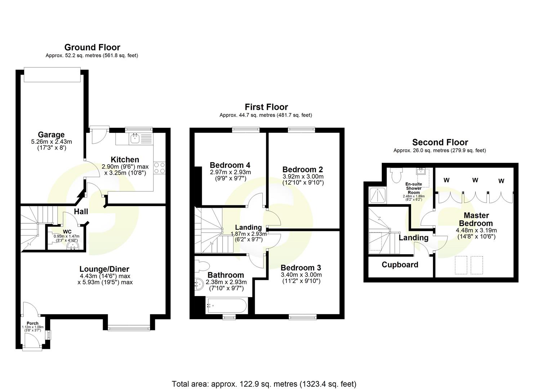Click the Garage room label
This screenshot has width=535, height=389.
pyautogui.click(x=51, y=135)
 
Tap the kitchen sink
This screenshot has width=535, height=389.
pyautogui.click(x=135, y=138)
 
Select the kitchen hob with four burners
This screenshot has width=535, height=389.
pyautogui.click(x=160, y=168)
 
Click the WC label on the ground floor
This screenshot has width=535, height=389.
pyautogui.click(x=67, y=232)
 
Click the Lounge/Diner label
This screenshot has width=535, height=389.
pyautogui.click(x=104, y=269)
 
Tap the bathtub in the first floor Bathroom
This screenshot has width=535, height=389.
pyautogui.click(x=226, y=306)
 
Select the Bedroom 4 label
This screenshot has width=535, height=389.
pyautogui.click(x=230, y=165)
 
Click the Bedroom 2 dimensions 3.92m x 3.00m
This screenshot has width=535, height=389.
pyautogui.click(x=303, y=176)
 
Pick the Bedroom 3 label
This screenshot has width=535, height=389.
pyautogui.click(x=300, y=268)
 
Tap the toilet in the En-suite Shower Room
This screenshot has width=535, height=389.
pyautogui.click(x=396, y=175)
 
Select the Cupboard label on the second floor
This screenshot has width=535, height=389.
pyautogui.click(x=400, y=265)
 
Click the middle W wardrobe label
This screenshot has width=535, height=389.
pyautogui.click(x=475, y=180)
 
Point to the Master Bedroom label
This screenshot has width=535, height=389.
pyautogui.click(x=476, y=219)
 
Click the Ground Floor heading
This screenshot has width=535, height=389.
pyautogui.click(x=92, y=47)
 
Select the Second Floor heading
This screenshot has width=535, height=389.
pyautogui.click(x=440, y=142)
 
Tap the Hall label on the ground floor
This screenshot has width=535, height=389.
pyautogui.click(x=81, y=211)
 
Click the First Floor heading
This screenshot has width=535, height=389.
pyautogui.click(x=266, y=107)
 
